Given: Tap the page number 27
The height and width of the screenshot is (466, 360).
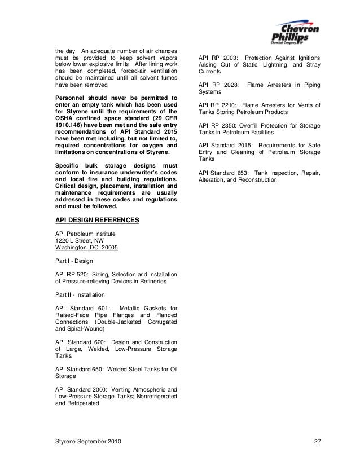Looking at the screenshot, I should (x=317, y=439).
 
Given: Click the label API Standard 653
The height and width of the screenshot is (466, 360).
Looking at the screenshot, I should (x=225, y=172).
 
